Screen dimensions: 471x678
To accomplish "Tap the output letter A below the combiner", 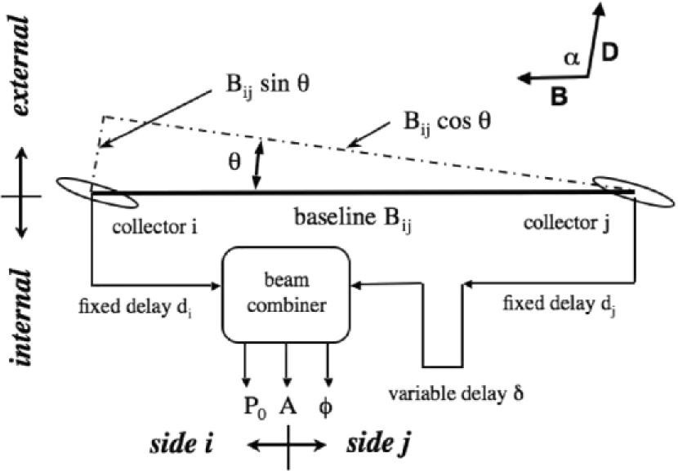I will pyautogui.click(x=287, y=404).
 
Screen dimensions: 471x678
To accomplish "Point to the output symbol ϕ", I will pyautogui.click(x=328, y=404).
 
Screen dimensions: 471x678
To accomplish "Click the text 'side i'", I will pyautogui.click(x=182, y=445).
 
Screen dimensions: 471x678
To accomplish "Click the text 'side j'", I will pyautogui.click(x=378, y=445).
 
